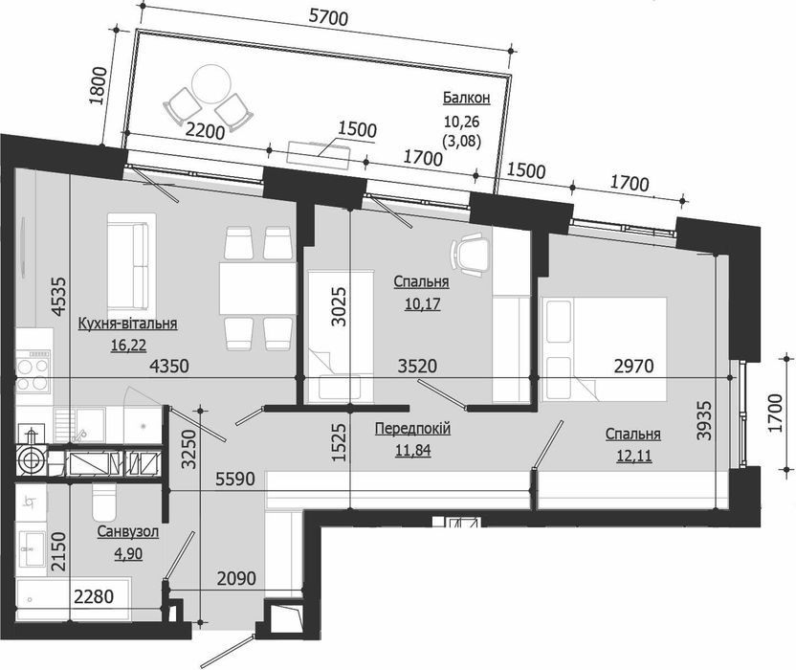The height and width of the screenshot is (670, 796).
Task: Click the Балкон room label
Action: (466, 98)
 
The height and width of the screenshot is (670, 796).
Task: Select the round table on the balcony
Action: (207, 84)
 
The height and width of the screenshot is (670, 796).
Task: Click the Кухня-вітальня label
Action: (128, 324)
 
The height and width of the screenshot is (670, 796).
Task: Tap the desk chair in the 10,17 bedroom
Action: (468, 253)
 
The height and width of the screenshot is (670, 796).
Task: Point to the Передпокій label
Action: (412, 429)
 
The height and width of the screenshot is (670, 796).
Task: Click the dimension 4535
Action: (60, 296)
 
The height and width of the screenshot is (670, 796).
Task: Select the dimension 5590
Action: (233, 479)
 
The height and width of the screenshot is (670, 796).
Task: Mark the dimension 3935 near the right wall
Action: (705, 417)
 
